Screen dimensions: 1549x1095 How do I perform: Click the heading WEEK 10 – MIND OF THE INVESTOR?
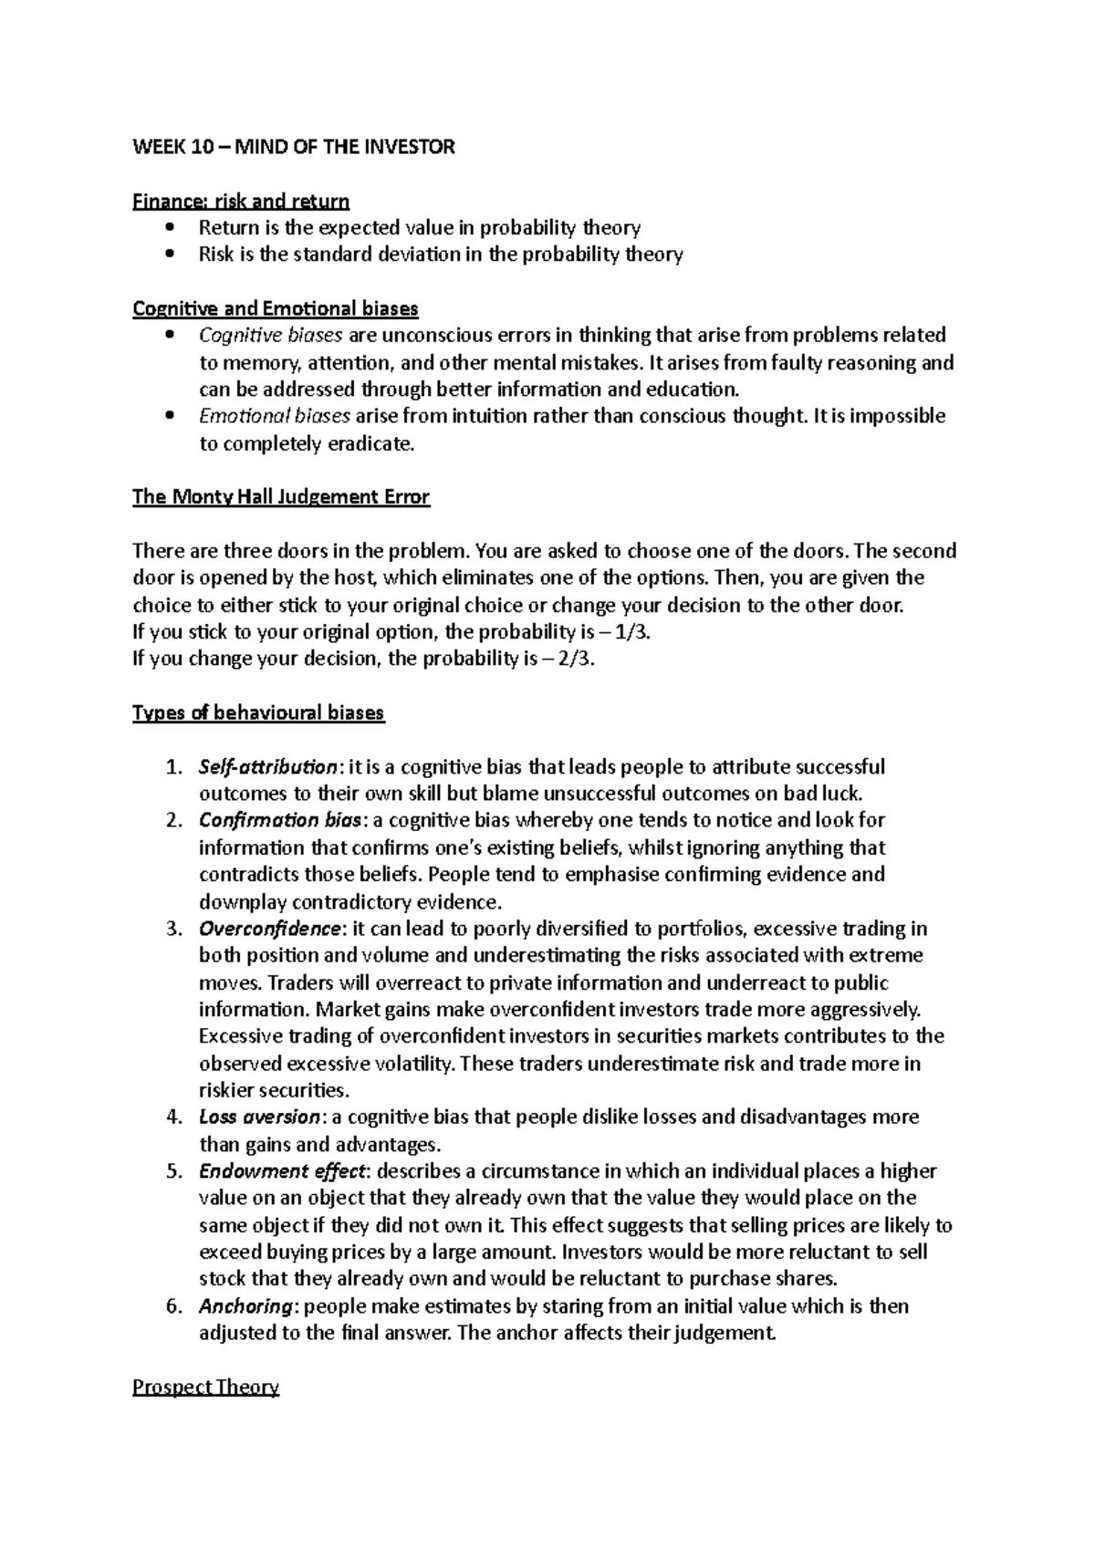(293, 147)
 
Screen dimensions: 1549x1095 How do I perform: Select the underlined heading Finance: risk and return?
(241, 201)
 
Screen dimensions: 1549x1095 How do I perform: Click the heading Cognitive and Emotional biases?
(275, 308)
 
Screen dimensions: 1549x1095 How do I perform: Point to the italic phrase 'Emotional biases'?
(274, 417)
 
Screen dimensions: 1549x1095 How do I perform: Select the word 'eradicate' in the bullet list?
(372, 444)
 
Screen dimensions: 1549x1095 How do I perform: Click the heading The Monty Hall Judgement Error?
(280, 497)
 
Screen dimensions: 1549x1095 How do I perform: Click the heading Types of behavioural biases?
(258, 713)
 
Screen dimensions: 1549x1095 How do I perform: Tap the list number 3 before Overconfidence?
(173, 929)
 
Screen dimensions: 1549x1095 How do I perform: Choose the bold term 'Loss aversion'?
(258, 1118)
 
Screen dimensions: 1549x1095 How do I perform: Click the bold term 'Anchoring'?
(245, 1306)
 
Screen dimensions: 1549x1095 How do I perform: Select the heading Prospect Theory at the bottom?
(205, 1388)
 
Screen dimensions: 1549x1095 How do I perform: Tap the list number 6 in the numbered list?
(173, 1306)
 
